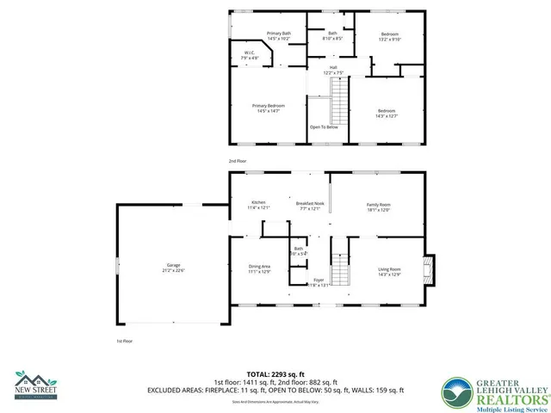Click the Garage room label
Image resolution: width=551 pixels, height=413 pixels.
(x=174, y=268)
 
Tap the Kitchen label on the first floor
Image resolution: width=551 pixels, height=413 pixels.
(x=259, y=205)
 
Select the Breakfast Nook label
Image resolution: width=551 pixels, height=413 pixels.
(x=310, y=205)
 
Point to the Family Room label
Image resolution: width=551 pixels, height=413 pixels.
(x=379, y=205)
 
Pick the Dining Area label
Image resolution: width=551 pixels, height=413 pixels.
(x=259, y=269)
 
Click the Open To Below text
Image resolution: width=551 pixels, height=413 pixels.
(x=324, y=127)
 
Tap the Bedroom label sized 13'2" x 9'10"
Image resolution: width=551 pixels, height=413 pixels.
(x=390, y=36)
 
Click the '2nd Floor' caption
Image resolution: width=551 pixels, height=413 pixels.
(x=237, y=162)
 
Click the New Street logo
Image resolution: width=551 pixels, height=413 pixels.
(x=37, y=385)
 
